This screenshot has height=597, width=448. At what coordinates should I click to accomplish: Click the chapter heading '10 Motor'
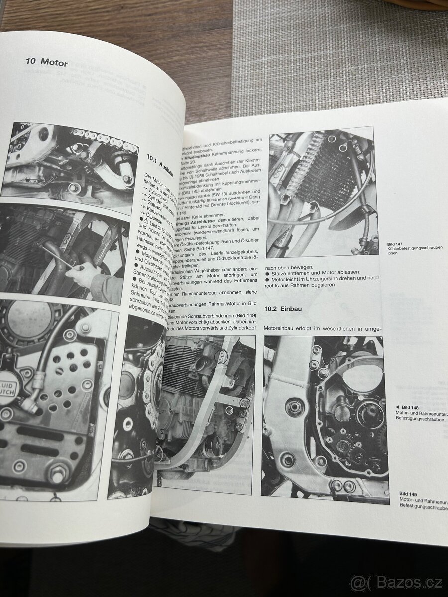click(x=47, y=63)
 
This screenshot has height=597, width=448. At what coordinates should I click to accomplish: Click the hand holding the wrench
click(x=85, y=273)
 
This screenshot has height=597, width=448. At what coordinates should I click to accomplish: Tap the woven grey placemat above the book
click(x=338, y=50)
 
